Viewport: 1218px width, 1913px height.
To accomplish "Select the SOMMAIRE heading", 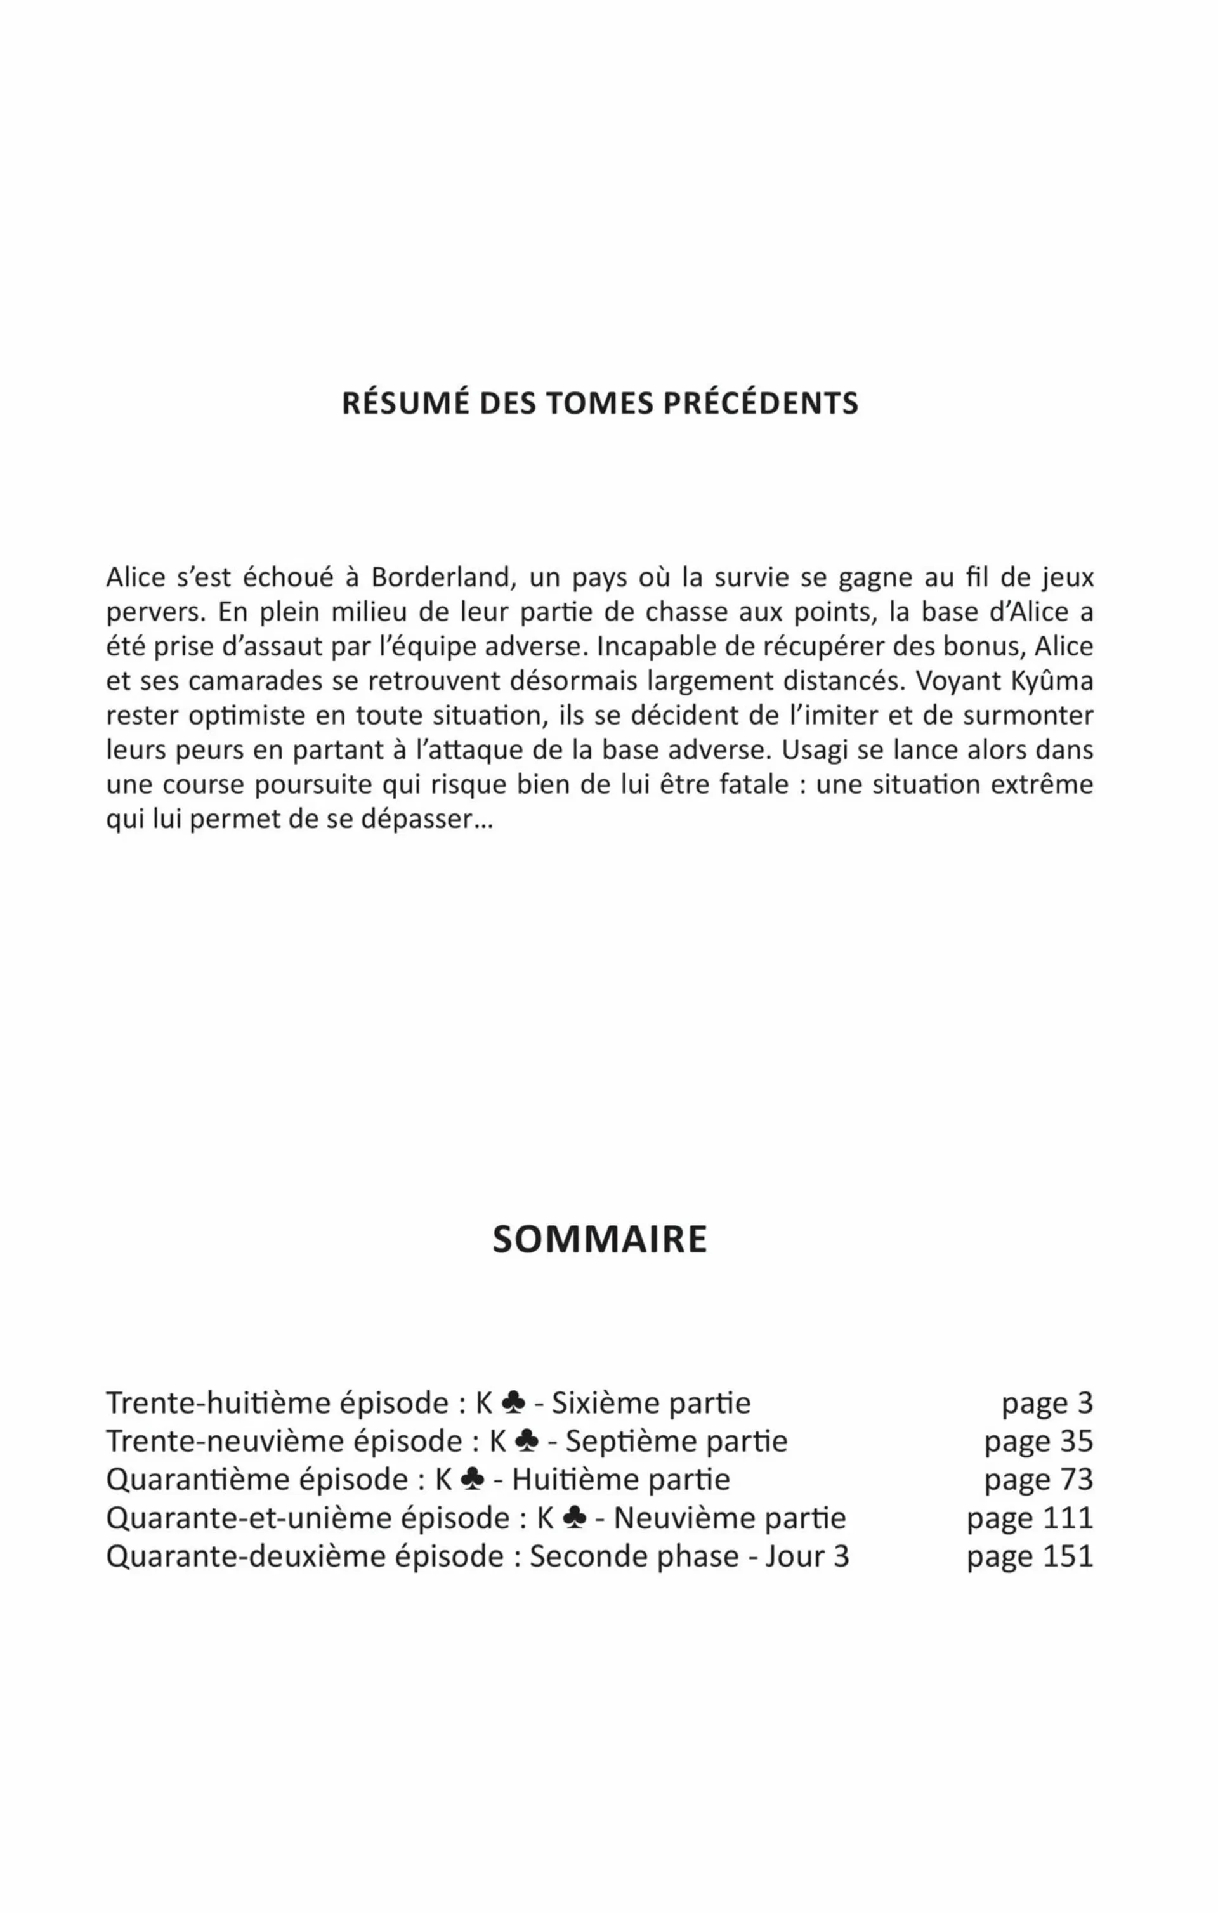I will pyautogui.click(x=600, y=1239).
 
